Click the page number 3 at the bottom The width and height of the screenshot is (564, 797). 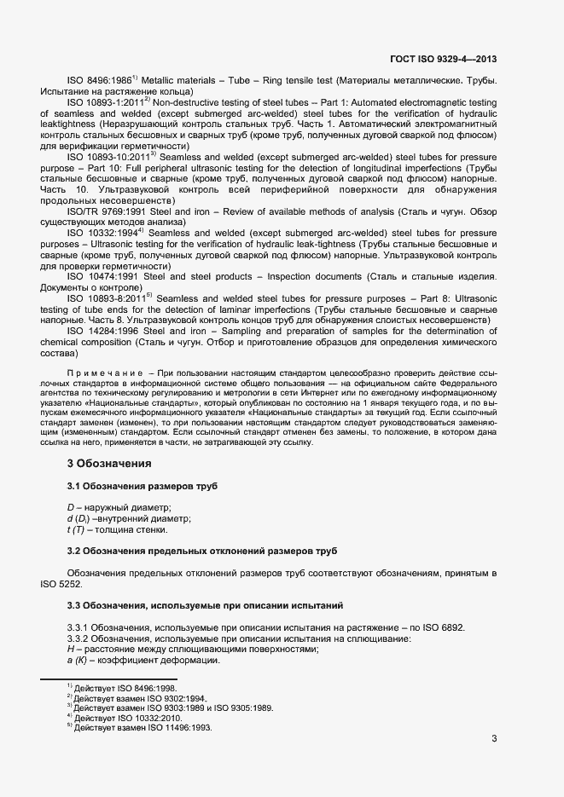494,737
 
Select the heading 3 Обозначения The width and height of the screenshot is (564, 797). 109,464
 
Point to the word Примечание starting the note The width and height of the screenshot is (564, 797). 104,374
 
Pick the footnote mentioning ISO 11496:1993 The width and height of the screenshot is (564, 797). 142,728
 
